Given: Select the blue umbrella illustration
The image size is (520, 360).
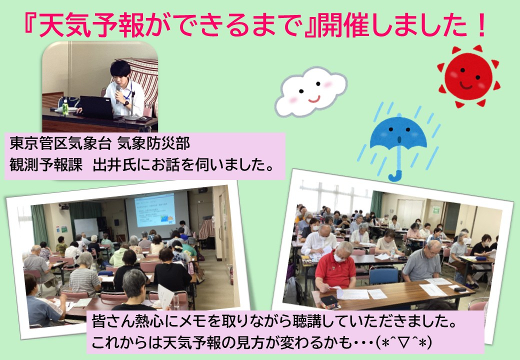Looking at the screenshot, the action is pyautogui.click(x=398, y=142).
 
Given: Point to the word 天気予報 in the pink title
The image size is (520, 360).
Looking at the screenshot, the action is pyautogui.click(x=91, y=26).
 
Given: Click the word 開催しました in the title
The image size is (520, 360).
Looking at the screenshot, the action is pyautogui.click(x=392, y=26).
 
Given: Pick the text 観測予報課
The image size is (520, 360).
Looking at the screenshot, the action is pyautogui.click(x=46, y=165).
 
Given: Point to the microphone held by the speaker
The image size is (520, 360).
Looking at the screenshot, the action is pyautogui.click(x=117, y=93).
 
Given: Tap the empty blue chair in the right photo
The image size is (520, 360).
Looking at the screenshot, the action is pyautogui.click(x=383, y=274).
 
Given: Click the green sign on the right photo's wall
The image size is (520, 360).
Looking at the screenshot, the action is pyautogui.click(x=436, y=210).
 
